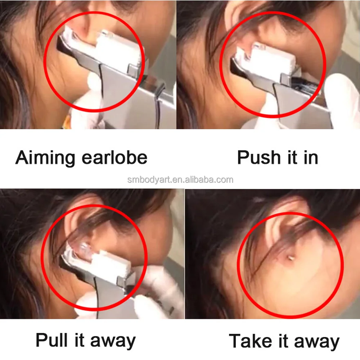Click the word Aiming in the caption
[x=45, y=158]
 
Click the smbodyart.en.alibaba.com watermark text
[x=180, y=180]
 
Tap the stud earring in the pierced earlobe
[x=289, y=258]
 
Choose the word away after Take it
[x=317, y=342]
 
